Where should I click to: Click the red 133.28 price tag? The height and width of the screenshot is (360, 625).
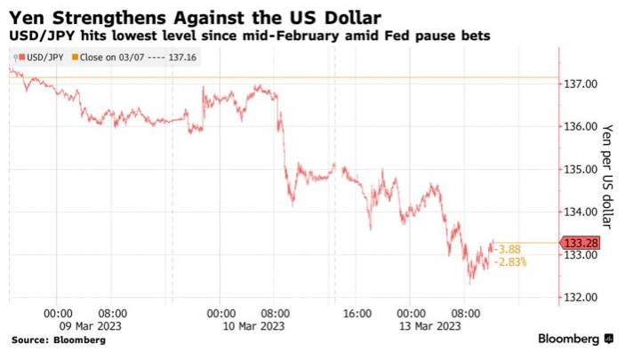pos(580,243)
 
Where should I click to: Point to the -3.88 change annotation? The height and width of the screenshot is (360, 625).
pos(510,249)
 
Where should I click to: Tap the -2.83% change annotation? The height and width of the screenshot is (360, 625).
pos(514,263)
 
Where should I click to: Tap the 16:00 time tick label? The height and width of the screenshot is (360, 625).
pos(356,313)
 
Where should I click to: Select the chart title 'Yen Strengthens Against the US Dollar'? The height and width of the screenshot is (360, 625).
pos(196,16)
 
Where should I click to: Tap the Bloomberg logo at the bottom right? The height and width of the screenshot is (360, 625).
pos(575,340)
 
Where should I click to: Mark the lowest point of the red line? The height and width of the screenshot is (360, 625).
pos(470,282)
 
